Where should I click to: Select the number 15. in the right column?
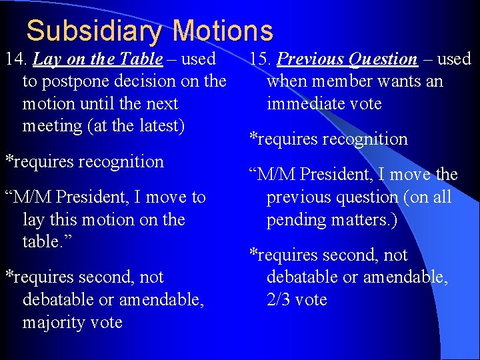tap(261, 59)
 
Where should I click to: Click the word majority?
tap(49, 323)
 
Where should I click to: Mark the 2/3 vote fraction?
tap(279, 300)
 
